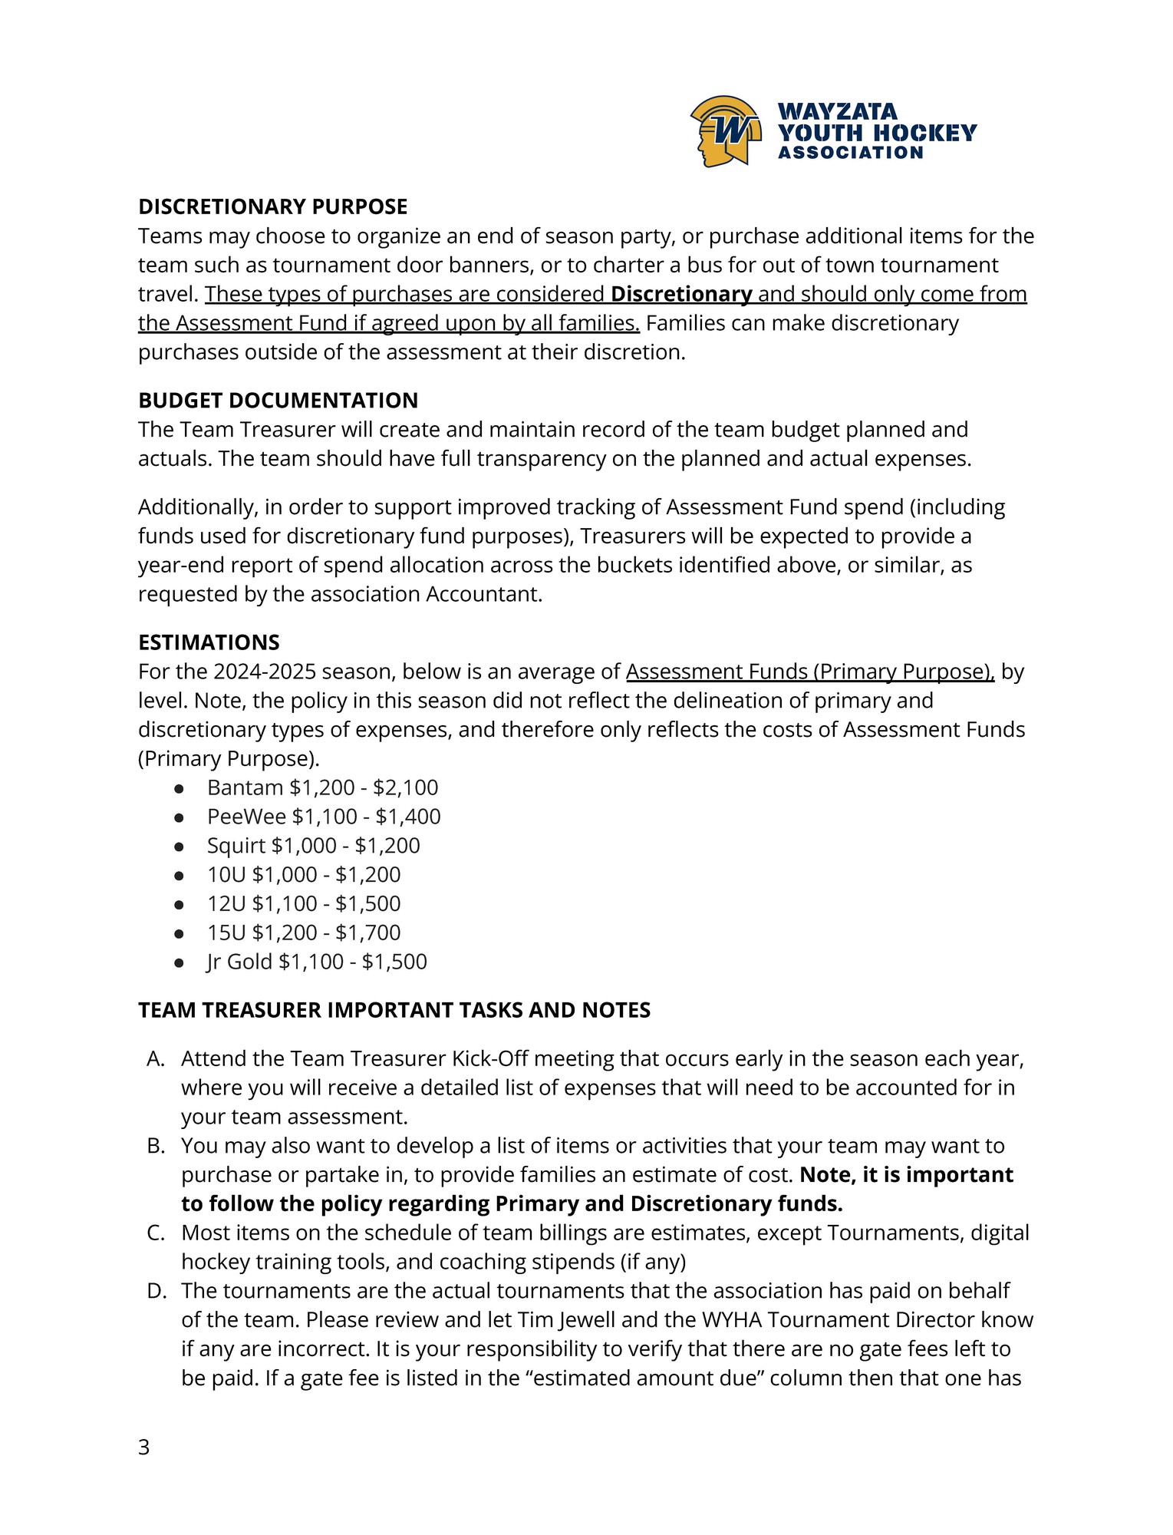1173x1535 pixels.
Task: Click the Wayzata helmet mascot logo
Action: (x=726, y=131)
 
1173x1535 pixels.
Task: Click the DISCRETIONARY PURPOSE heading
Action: (x=272, y=206)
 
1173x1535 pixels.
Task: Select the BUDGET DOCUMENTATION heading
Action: (x=278, y=400)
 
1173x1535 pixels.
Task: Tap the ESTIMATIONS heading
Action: (x=209, y=642)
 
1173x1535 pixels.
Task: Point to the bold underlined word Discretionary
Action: (x=681, y=294)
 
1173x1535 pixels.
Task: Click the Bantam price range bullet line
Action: (x=322, y=787)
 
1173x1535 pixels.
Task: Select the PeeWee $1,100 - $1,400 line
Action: (x=324, y=817)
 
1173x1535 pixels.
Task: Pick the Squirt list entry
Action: (x=313, y=846)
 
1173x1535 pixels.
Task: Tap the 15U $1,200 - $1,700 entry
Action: (x=304, y=933)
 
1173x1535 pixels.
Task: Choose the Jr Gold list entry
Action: (x=317, y=962)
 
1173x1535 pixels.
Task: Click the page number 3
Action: (x=143, y=1448)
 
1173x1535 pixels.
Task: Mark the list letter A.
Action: (x=155, y=1059)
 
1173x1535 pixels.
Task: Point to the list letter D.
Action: (x=156, y=1291)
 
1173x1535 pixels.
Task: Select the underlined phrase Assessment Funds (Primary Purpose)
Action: (x=809, y=672)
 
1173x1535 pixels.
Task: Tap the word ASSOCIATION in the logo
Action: (x=850, y=153)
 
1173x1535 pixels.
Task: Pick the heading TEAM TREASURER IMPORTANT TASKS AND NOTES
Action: (x=394, y=1010)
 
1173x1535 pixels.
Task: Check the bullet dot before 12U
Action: (x=179, y=904)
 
